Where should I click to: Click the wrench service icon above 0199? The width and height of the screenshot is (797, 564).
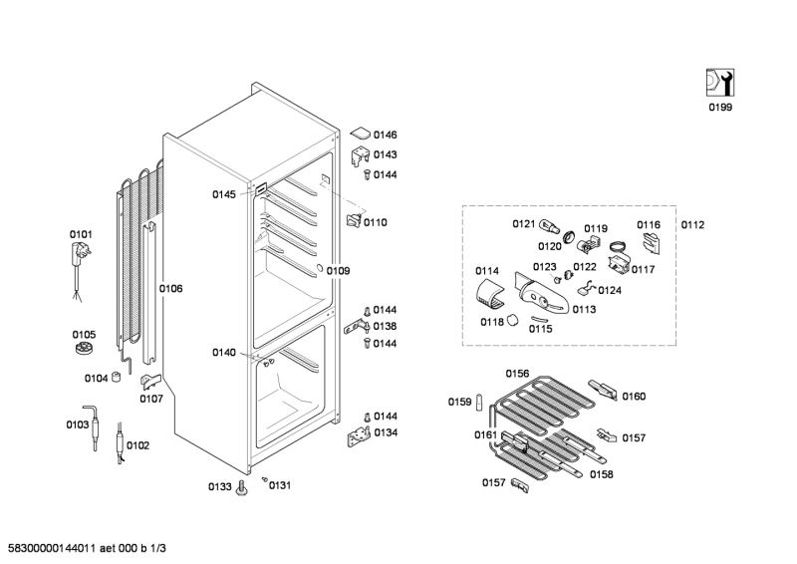[719, 83]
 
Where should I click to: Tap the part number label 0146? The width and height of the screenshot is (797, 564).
[386, 135]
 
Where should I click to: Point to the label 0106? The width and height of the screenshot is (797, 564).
[170, 289]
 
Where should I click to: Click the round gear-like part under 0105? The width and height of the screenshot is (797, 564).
[83, 349]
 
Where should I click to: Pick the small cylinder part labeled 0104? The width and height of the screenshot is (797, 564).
[117, 378]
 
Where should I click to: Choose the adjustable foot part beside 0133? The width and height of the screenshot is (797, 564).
[241, 487]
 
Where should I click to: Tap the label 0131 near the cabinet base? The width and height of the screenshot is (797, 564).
[280, 485]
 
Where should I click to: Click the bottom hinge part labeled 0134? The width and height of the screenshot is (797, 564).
[359, 436]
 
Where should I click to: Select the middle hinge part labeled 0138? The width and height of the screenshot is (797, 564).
[357, 327]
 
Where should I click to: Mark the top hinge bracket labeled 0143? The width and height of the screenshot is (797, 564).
[360, 155]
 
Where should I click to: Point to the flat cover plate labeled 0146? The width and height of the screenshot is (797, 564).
[361, 134]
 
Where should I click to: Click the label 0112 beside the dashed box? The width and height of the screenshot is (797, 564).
[692, 225]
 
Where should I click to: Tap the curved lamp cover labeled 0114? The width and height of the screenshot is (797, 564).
[491, 295]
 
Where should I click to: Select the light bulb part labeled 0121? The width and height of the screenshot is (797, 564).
[550, 226]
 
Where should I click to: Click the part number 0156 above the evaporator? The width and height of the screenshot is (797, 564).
[517, 374]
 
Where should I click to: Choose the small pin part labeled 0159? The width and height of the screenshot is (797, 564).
[479, 402]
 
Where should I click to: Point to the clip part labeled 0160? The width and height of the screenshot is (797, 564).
[604, 389]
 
